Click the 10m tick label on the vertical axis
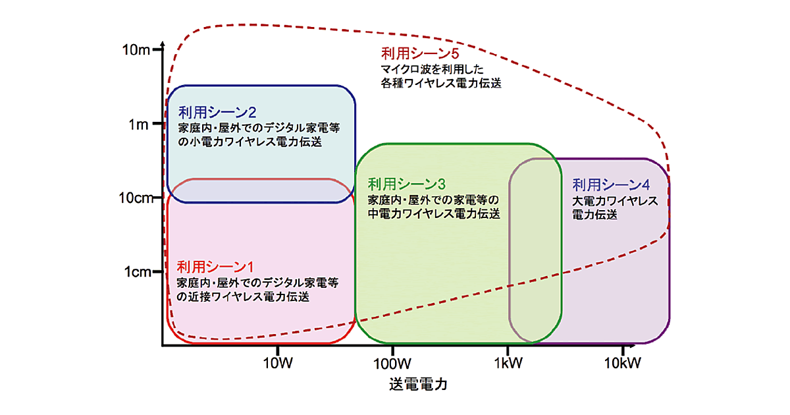pos(136,50)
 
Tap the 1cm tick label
pos(139,271)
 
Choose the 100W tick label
pos(392,362)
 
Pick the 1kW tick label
pos(507,362)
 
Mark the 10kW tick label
pos(621,362)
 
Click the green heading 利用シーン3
pos(407,184)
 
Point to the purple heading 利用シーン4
pos(611,185)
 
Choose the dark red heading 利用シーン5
pos(419,54)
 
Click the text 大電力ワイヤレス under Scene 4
pos(615,201)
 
